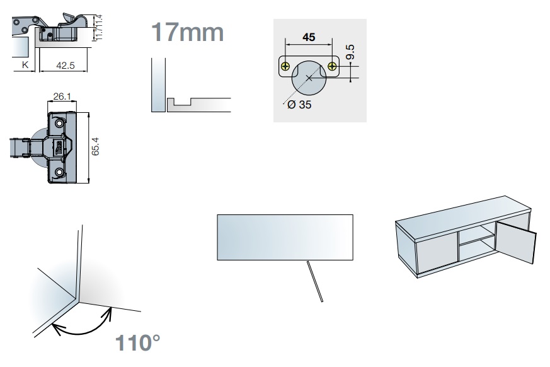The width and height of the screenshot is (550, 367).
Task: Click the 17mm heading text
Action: pyautogui.click(x=187, y=32)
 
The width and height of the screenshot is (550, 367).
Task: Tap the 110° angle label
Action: pyautogui.click(x=137, y=343)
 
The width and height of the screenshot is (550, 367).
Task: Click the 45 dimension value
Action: pyautogui.click(x=309, y=37)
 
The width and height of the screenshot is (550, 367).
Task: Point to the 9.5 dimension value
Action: pyautogui.click(x=350, y=52)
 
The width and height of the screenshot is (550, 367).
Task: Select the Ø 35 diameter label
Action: pyautogui.click(x=299, y=105)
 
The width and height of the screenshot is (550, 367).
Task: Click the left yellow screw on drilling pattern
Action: pyautogui.click(x=286, y=66)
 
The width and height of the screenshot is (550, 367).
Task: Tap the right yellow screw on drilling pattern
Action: pyautogui.click(x=332, y=66)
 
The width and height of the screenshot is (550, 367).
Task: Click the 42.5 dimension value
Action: pyautogui.click(x=66, y=66)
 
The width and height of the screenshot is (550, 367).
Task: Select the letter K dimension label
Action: pyautogui.click(x=25, y=64)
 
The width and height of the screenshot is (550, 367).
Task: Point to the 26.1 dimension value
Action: pyautogui.click(x=62, y=96)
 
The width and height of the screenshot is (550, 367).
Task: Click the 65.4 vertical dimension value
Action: pyautogui.click(x=95, y=146)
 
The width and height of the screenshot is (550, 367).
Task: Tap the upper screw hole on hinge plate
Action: pyautogui.click(x=59, y=124)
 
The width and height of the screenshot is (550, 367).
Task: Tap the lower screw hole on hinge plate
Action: pyautogui.click(x=59, y=172)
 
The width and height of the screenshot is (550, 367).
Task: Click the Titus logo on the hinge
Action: pyautogui.click(x=59, y=148)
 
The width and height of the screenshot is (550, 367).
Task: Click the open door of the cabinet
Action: pyautogui.click(x=517, y=242)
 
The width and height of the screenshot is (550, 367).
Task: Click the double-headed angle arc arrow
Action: pyautogui.click(x=83, y=325)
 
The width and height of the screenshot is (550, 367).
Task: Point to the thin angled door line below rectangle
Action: pyautogui.click(x=314, y=281)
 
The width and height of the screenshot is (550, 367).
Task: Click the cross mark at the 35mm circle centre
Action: pyautogui.click(x=309, y=78)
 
